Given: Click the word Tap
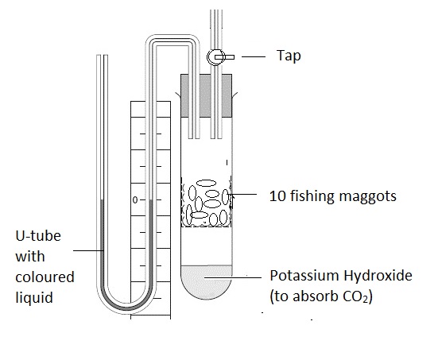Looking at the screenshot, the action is tap(289, 56).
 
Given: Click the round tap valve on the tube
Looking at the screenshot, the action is tap(215, 57).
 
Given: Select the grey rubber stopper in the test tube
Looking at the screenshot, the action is tap(206, 95).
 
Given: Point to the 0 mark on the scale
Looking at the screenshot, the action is tap(135, 200).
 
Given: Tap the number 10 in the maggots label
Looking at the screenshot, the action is tap(277, 195).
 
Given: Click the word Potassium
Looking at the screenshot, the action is tap(304, 276).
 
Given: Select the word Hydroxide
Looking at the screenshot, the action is tap(378, 276).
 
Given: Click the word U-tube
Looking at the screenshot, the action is tap(38, 236).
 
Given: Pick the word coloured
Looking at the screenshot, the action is tap(45, 277).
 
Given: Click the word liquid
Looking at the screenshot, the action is tap(34, 297).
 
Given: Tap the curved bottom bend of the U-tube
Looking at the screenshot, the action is tap(126, 308).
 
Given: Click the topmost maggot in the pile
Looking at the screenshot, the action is tap(207, 184).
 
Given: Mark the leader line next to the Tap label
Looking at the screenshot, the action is tap(254, 56).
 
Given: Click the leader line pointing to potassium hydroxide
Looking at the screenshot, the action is tap(233, 277).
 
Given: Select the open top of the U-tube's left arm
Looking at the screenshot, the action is tap(103, 56).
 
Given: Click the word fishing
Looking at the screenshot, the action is tap(312, 196).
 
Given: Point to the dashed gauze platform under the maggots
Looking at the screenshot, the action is tap(207, 226).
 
